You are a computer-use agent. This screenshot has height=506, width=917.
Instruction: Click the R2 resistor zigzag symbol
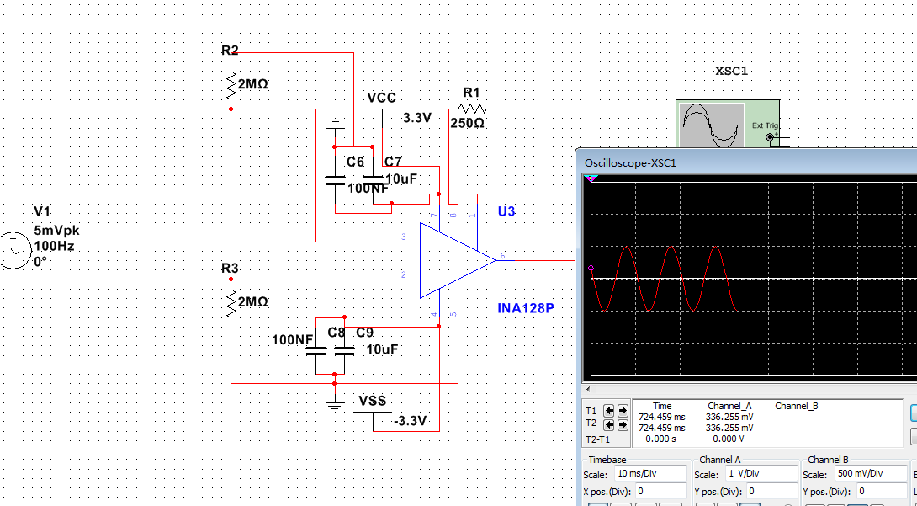coord(231,84)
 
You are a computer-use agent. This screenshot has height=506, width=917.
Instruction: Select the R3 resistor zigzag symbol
coord(231,301)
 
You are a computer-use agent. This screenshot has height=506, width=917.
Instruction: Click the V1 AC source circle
coord(14,251)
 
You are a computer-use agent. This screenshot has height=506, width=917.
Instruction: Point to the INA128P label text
coord(526,308)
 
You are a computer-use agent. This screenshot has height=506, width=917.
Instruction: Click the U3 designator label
coord(506,211)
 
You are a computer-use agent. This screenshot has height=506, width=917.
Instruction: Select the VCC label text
coord(381,99)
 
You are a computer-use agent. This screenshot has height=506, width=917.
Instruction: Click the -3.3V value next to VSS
coord(410,420)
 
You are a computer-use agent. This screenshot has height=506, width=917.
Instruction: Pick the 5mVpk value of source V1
coord(56,231)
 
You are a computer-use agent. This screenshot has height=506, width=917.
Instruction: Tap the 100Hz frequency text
coord(55,246)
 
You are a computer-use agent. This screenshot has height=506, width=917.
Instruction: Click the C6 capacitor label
coord(355,162)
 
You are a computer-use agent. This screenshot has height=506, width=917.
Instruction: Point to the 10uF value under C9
coord(382,349)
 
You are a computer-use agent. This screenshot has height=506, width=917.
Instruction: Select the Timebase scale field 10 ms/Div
coord(650,474)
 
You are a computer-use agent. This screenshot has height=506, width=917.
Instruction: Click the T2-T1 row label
coord(596,439)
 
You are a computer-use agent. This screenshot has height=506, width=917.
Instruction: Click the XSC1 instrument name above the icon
coord(731,72)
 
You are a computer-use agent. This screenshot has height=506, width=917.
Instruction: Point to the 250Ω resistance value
coord(467,123)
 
